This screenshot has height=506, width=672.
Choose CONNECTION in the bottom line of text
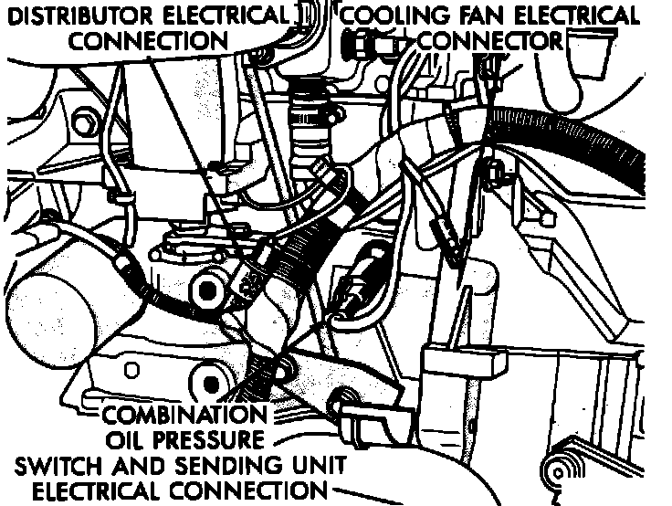(x=259, y=491)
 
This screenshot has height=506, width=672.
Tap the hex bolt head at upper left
(x=86, y=121)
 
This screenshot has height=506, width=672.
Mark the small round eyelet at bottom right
(x=553, y=472)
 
